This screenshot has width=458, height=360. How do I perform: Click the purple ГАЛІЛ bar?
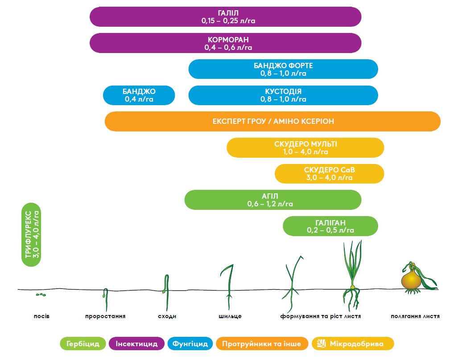point(225,16)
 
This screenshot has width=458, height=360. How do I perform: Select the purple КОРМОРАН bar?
point(225,43)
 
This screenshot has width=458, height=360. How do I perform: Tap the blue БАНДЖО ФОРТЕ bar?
point(283,69)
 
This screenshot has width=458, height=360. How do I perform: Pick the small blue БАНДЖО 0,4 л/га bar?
point(139,95)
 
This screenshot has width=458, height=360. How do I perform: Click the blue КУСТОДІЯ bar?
point(283,95)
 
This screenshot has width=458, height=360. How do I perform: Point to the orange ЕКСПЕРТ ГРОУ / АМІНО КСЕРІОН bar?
point(272,121)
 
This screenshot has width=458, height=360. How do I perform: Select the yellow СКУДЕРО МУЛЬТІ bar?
point(305,147)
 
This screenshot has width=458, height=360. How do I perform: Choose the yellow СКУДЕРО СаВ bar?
point(329,173)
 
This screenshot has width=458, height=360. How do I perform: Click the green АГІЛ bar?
point(272,200)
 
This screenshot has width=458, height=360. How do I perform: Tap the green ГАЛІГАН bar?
point(330,226)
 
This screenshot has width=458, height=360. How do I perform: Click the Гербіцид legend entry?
point(83,344)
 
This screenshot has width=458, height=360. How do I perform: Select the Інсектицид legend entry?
point(136,344)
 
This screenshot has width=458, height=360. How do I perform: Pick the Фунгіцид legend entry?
point(190,344)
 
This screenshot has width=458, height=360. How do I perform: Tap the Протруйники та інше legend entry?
point(262,344)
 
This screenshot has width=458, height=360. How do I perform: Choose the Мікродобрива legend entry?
point(353,344)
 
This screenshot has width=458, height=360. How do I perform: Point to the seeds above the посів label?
point(41,295)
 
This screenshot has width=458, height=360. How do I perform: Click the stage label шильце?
point(230,316)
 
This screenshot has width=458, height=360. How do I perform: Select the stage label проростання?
point(105,316)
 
